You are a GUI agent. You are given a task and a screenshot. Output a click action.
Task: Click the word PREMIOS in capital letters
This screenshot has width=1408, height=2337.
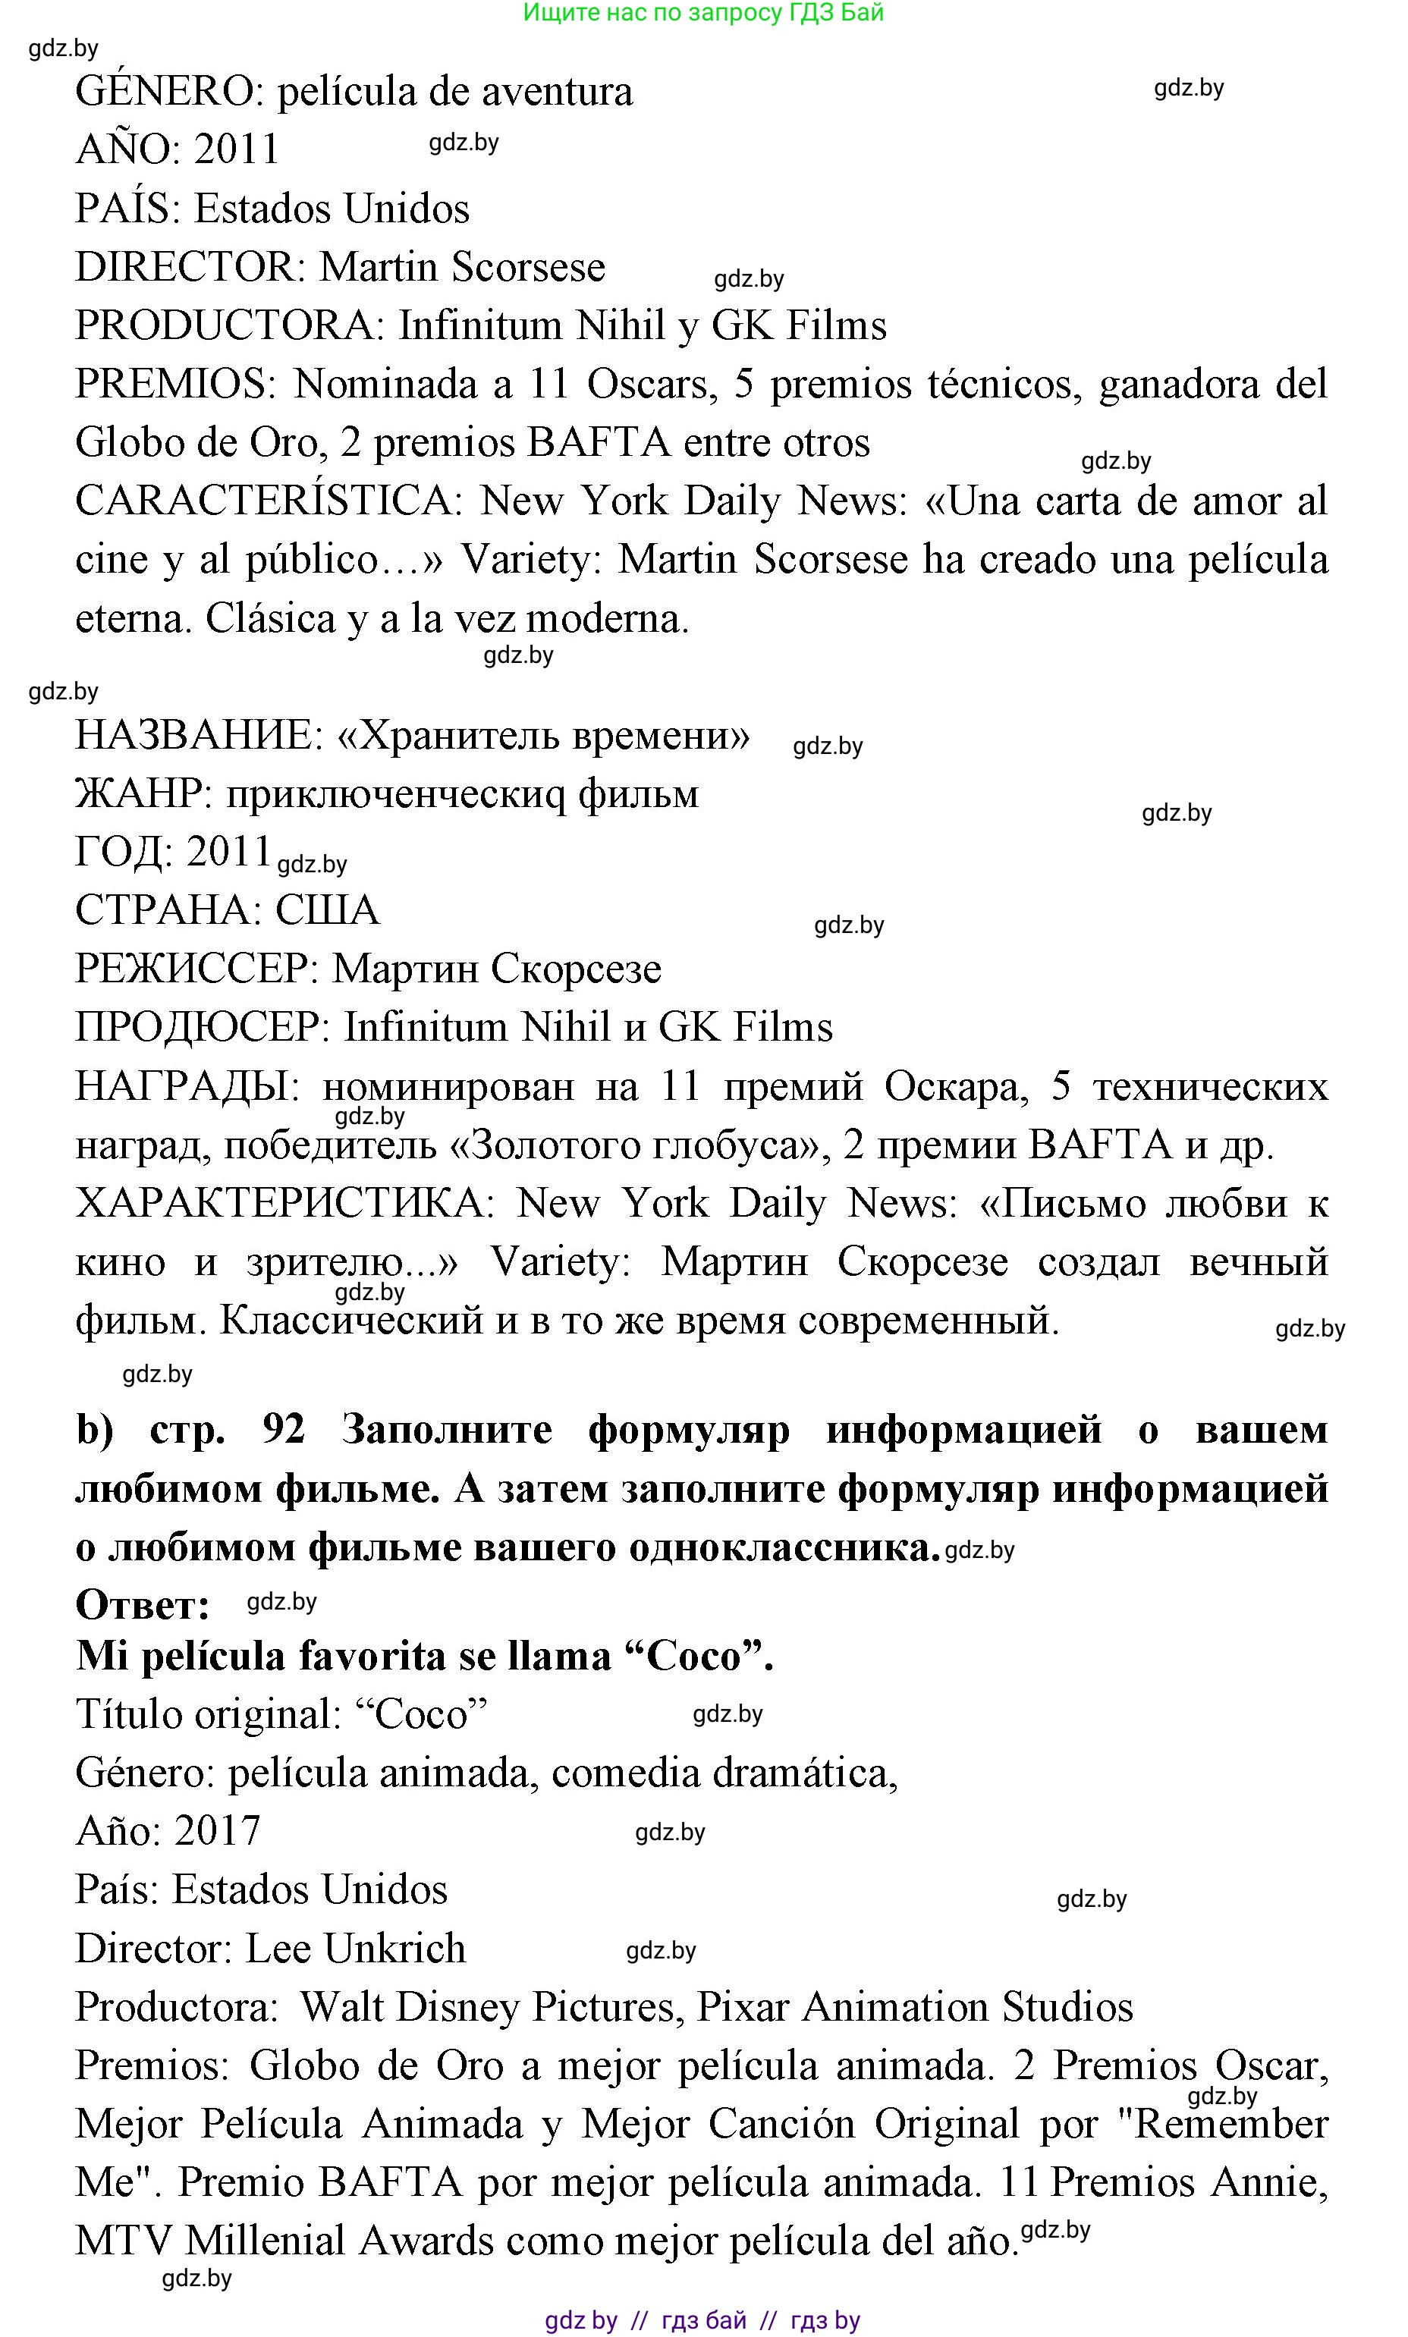174,384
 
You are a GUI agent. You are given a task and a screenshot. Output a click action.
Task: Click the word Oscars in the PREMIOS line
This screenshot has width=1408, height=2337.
647,384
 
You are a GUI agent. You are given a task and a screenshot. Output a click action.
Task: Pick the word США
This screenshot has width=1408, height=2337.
327,910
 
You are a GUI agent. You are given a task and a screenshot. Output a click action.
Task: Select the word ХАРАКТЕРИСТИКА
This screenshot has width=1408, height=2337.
280,1204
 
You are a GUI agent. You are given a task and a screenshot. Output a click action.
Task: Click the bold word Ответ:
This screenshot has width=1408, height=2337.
143,1605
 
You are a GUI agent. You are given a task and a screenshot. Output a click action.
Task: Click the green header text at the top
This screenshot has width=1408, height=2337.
703,14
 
